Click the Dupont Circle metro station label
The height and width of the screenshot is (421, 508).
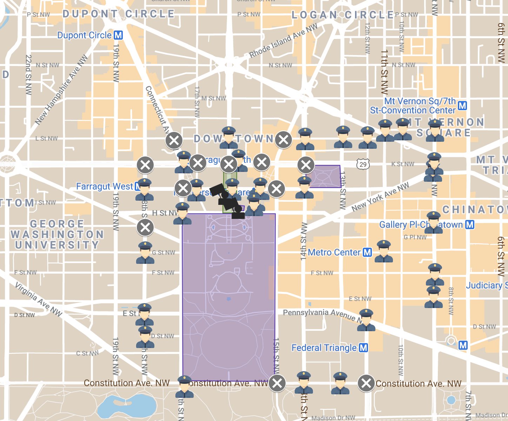click(x=84, y=35)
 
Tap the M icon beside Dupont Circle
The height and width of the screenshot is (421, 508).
click(x=118, y=35)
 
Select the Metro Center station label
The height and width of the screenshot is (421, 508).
click(x=334, y=252)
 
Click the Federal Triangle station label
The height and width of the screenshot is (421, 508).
click(x=324, y=348)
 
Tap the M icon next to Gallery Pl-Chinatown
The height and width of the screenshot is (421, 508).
click(x=470, y=225)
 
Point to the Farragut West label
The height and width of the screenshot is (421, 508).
click(x=105, y=186)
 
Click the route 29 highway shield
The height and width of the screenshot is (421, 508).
click(x=363, y=164)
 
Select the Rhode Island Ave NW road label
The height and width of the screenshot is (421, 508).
click(x=283, y=41)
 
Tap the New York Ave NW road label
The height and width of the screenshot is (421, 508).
click(x=380, y=197)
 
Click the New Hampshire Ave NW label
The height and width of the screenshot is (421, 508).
click(x=61, y=90)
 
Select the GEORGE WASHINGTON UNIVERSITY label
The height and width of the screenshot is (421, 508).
click(x=57, y=234)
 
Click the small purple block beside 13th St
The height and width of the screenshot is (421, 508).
click(x=325, y=176)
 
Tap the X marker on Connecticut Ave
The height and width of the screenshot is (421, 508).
click(x=174, y=141)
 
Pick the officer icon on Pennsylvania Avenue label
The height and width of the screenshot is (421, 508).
click(x=366, y=320)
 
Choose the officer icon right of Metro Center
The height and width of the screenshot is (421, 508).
click(x=383, y=251)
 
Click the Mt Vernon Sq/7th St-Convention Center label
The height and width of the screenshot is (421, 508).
click(x=413, y=106)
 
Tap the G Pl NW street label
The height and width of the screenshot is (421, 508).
click(x=415, y=237)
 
